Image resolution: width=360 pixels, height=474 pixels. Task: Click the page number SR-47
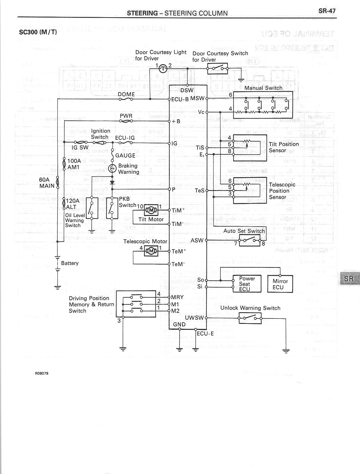tap(327, 11)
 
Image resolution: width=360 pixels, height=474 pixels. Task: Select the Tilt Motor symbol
tap(151, 211)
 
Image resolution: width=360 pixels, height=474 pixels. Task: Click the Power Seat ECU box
tap(247, 284)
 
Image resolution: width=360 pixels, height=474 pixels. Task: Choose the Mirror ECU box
tap(280, 284)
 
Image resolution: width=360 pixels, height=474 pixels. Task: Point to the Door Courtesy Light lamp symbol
tap(162, 69)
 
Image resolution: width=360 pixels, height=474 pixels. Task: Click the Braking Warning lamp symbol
tap(113, 169)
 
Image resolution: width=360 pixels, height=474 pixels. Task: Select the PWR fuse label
tap(126, 116)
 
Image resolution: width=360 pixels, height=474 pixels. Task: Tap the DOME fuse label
tap(126, 94)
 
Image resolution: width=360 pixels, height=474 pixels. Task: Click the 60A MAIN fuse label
tap(47, 183)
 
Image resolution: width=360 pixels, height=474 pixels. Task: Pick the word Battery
tap(70, 263)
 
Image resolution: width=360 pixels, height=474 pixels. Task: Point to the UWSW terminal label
tap(194, 318)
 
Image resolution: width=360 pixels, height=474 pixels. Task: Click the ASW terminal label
tap(197, 240)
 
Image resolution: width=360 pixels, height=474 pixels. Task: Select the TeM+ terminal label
tap(179, 251)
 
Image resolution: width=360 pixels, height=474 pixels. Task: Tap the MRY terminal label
tap(177, 297)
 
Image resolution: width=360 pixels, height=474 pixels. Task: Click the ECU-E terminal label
tap(205, 333)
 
